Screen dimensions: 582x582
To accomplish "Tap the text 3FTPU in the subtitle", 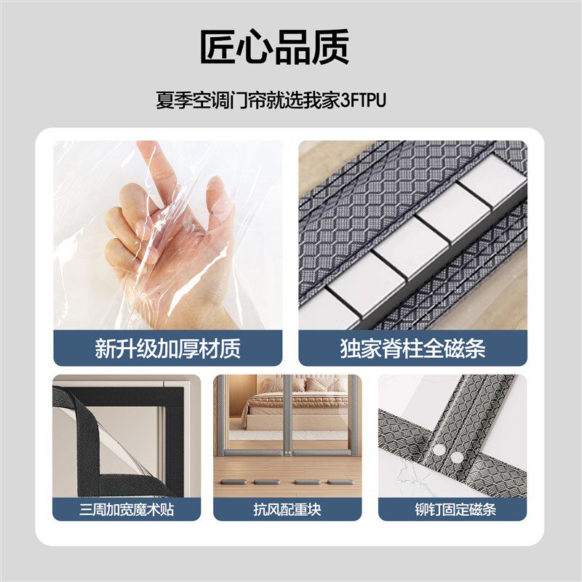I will (x=363, y=99).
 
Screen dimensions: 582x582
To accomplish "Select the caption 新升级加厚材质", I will (x=167, y=348).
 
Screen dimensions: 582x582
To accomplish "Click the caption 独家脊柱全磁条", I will (x=412, y=348).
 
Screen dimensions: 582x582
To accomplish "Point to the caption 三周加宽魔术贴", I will (x=127, y=509).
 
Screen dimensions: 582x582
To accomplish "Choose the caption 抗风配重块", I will (x=287, y=509).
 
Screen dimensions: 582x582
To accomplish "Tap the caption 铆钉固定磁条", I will (x=453, y=509).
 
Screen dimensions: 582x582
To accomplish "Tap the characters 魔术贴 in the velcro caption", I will (x=156, y=509).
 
